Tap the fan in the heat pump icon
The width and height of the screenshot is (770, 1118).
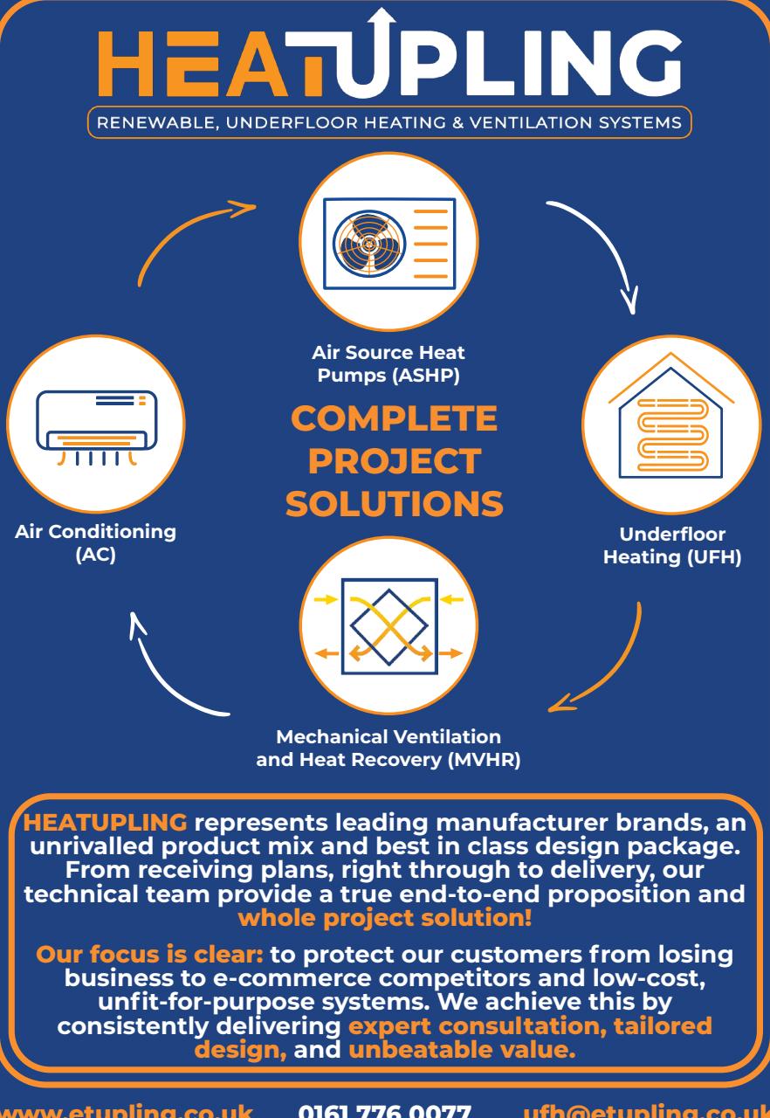[369, 244]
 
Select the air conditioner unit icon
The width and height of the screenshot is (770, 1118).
[96, 428]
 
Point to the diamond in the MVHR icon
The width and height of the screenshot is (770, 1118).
[389, 627]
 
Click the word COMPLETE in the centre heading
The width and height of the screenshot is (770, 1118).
[394, 418]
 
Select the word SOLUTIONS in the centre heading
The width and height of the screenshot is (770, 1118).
[395, 503]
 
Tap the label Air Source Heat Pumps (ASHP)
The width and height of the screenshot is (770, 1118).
[388, 364]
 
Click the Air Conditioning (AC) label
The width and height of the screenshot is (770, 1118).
[96, 542]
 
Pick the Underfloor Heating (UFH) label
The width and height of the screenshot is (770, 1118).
[672, 546]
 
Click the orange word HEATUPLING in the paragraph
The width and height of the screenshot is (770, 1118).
[106, 823]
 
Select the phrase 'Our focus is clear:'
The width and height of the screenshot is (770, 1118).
[149, 955]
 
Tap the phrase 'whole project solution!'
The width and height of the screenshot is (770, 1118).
[385, 918]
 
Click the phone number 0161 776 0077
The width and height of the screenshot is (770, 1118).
[384, 1111]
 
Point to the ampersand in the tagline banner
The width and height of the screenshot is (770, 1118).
[457, 123]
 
